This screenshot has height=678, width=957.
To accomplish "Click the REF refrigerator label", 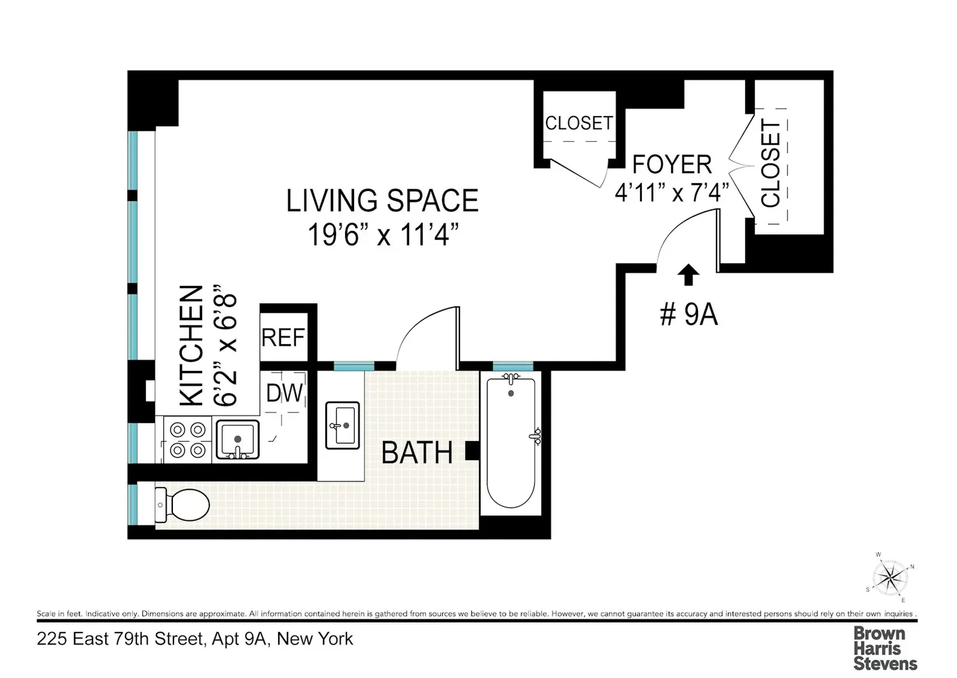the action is (283, 338).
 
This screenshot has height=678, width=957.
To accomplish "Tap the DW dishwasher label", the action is (284, 393).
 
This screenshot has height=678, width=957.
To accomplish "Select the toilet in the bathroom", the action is (182, 505).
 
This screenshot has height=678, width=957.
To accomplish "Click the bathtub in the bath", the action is (511, 441).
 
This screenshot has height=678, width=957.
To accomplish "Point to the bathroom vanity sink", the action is (342, 425).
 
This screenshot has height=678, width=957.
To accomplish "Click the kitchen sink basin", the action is (237, 440).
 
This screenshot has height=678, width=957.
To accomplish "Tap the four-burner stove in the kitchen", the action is (188, 440).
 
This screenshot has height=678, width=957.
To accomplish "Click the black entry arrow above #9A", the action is (688, 275).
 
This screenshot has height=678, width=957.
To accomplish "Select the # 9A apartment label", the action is (688, 315).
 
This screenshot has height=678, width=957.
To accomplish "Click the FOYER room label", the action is (672, 164).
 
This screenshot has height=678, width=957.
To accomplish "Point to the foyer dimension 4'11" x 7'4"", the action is (672, 192).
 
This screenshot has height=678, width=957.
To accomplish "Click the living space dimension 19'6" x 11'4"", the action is (383, 235).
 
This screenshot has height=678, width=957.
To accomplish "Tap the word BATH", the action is (417, 453).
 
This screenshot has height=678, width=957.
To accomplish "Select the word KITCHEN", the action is (191, 346).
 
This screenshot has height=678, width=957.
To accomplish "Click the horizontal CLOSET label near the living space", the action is (579, 123).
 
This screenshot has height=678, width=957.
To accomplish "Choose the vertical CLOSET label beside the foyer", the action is (771, 163).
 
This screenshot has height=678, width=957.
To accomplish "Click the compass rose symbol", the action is (890, 578).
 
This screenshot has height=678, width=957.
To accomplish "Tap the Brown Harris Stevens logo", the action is (886, 648).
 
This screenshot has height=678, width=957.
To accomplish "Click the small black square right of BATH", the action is (472, 451).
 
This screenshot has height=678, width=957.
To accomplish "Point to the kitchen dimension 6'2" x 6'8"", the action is (225, 345).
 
